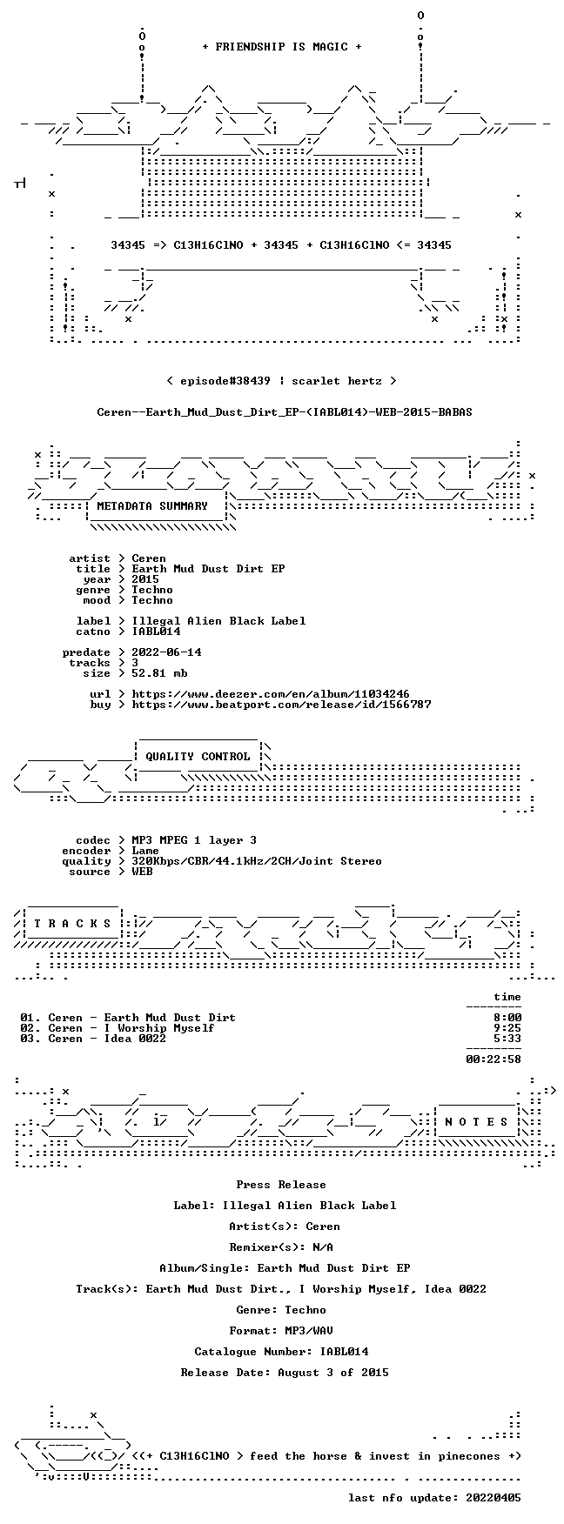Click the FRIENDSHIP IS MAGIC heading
(x=281, y=47)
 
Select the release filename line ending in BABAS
(x=285, y=412)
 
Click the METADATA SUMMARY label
(x=152, y=506)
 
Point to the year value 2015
(x=145, y=579)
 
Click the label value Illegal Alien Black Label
(x=218, y=621)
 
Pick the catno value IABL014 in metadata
(x=156, y=632)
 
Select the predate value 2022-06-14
(x=166, y=652)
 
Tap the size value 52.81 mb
(x=159, y=673)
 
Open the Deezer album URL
(x=271, y=694)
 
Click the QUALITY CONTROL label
(x=198, y=757)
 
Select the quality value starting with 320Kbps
(x=257, y=861)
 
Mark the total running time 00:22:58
(x=493, y=1059)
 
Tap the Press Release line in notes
(x=281, y=1185)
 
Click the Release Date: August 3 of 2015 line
(x=285, y=1373)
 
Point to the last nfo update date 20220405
(x=493, y=1498)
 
